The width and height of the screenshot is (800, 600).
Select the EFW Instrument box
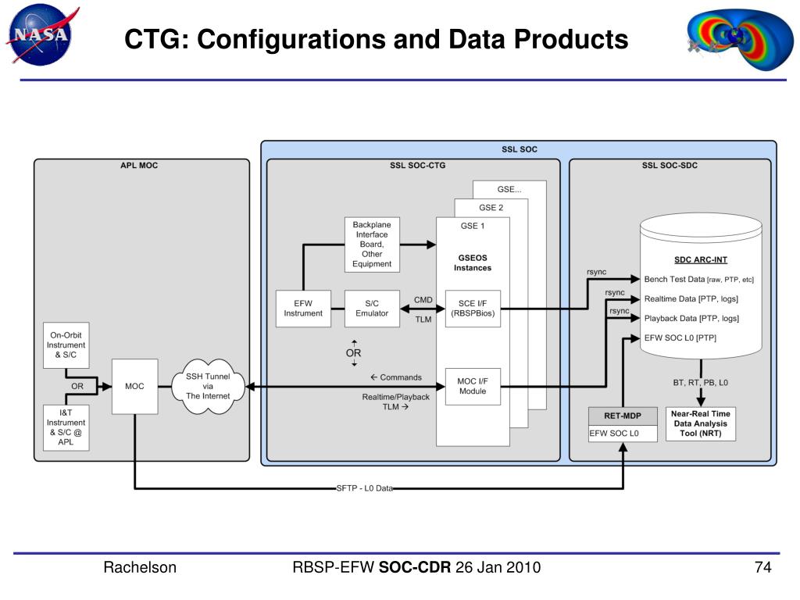pyautogui.click(x=303, y=308)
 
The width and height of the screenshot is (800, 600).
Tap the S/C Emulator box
pyautogui.click(x=372, y=308)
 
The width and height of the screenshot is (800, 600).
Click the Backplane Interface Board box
pyautogui.click(x=372, y=245)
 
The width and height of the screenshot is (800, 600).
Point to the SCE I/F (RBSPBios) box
pyautogui.click(x=473, y=308)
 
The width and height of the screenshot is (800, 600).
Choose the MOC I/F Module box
pyautogui.click(x=473, y=386)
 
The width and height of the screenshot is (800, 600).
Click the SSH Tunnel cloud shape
pyautogui.click(x=208, y=386)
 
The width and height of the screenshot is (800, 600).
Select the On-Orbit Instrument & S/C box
pyautogui.click(x=66, y=345)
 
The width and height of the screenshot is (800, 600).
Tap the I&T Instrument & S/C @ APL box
pyautogui.click(x=66, y=427)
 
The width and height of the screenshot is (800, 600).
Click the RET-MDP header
pyautogui.click(x=623, y=416)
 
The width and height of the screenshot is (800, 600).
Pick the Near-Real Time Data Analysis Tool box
pyautogui.click(x=701, y=423)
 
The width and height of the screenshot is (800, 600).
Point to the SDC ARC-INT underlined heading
pyautogui.click(x=701, y=259)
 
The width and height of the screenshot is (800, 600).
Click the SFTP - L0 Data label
pyautogui.click(x=364, y=488)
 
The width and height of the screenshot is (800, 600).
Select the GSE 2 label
pyautogui.click(x=491, y=208)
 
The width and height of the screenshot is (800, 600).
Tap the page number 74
pyautogui.click(x=762, y=567)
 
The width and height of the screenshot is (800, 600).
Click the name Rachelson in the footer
pyautogui.click(x=140, y=567)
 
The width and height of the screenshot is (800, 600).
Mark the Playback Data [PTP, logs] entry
pyautogui.click(x=691, y=319)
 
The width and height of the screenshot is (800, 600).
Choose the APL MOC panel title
pyautogui.click(x=139, y=166)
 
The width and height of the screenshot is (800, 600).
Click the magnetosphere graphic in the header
pyautogui.click(x=740, y=38)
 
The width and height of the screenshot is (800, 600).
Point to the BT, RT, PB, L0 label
pyautogui.click(x=700, y=383)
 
